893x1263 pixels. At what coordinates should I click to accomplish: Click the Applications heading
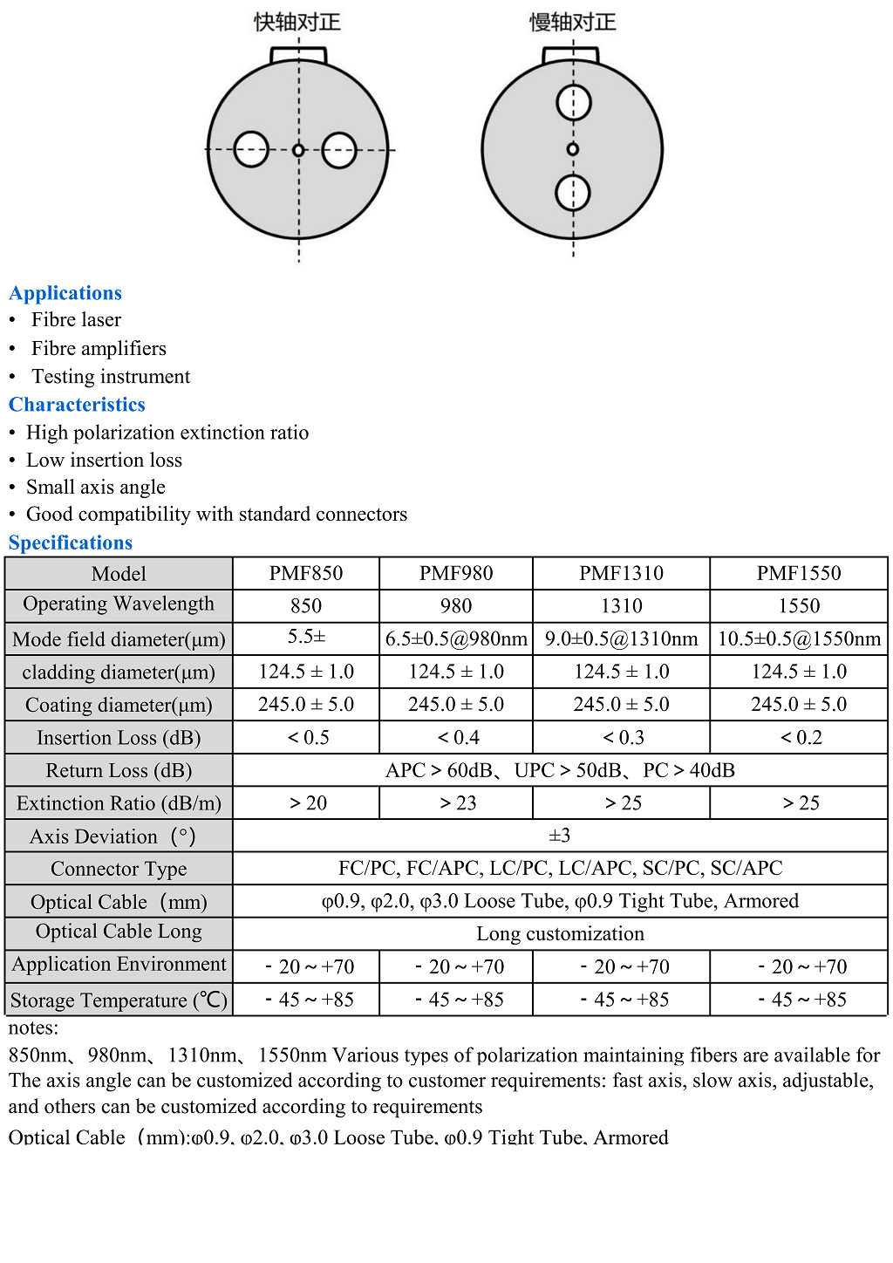(65, 293)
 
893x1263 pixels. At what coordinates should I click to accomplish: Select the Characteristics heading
(77, 405)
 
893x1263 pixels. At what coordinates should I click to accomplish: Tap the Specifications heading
(71, 543)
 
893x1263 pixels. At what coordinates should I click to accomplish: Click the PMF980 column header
(456, 573)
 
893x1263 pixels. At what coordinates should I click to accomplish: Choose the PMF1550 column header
(799, 573)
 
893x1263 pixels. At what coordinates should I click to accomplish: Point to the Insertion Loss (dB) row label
(119, 738)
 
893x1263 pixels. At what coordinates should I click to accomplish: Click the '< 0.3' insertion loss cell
(623, 738)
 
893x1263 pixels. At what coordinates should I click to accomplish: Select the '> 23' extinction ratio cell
(457, 803)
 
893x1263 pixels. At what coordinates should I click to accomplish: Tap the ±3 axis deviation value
(560, 836)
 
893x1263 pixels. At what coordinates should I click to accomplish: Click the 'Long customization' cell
(560, 934)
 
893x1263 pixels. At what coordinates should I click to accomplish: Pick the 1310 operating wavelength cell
(622, 606)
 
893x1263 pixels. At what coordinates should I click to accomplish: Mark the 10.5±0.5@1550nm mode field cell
(799, 639)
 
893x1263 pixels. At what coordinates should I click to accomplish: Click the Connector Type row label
(119, 869)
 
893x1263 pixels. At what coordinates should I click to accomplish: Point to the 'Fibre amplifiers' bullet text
(99, 349)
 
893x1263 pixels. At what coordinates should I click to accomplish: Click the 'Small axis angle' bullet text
(96, 488)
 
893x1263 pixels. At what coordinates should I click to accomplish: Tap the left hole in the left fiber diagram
(251, 149)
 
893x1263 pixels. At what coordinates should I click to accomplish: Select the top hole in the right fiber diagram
(573, 103)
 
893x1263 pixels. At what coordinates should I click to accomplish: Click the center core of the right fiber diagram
(573, 149)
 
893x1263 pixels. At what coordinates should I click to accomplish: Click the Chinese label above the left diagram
(297, 22)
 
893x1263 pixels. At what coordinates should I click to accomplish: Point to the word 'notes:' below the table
(34, 1028)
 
